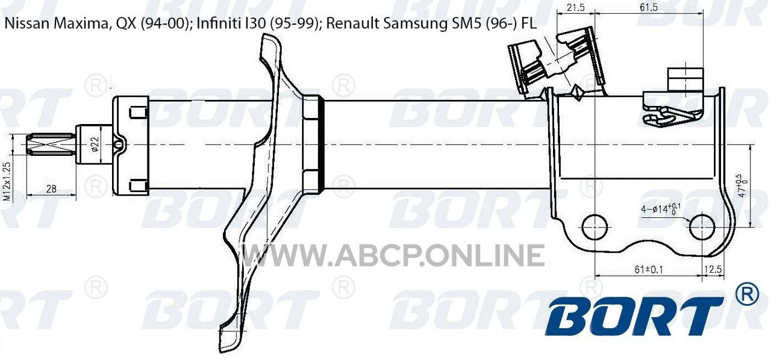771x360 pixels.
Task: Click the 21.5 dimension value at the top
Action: (x=575, y=7)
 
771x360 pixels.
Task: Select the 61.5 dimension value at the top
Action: (x=649, y=7)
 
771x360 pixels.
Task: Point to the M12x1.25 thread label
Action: (x=7, y=182)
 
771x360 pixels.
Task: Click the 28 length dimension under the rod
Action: (x=51, y=189)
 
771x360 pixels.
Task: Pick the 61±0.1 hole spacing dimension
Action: (x=649, y=270)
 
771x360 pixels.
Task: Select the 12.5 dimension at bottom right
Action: (x=713, y=269)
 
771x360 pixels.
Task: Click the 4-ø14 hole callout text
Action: (x=656, y=208)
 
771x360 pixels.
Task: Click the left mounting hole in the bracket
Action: (x=595, y=227)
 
